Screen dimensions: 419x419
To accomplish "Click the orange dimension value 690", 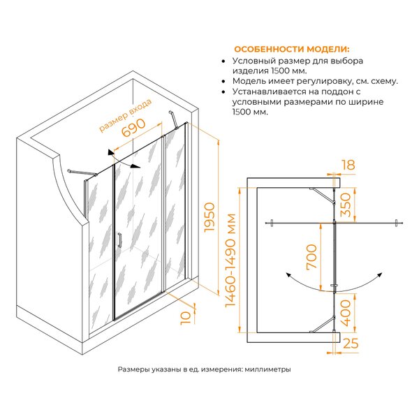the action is (x=133, y=128).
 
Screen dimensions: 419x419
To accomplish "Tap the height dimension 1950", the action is (x=209, y=217).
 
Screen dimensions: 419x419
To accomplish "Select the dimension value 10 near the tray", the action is (x=186, y=318).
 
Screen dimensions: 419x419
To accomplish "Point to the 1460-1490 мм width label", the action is (x=230, y=260).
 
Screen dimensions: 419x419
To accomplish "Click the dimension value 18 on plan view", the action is (x=348, y=165).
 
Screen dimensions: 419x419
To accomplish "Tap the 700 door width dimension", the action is (x=311, y=256).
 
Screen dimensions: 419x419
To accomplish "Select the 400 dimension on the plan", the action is (x=345, y=313).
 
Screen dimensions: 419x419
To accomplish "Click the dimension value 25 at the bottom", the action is (x=351, y=343).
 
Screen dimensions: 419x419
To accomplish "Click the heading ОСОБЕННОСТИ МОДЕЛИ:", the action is (x=291, y=49).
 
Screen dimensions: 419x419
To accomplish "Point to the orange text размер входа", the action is (x=125, y=115).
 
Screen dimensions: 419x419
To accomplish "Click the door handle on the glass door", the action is (x=119, y=240).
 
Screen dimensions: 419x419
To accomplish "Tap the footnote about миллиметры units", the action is (x=204, y=369).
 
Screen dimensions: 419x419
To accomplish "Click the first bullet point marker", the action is (x=223, y=61).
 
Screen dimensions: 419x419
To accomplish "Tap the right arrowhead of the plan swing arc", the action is (x=380, y=275).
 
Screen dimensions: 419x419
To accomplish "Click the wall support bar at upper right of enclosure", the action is (x=173, y=119).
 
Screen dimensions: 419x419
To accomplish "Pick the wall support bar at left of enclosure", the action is (x=82, y=172).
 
